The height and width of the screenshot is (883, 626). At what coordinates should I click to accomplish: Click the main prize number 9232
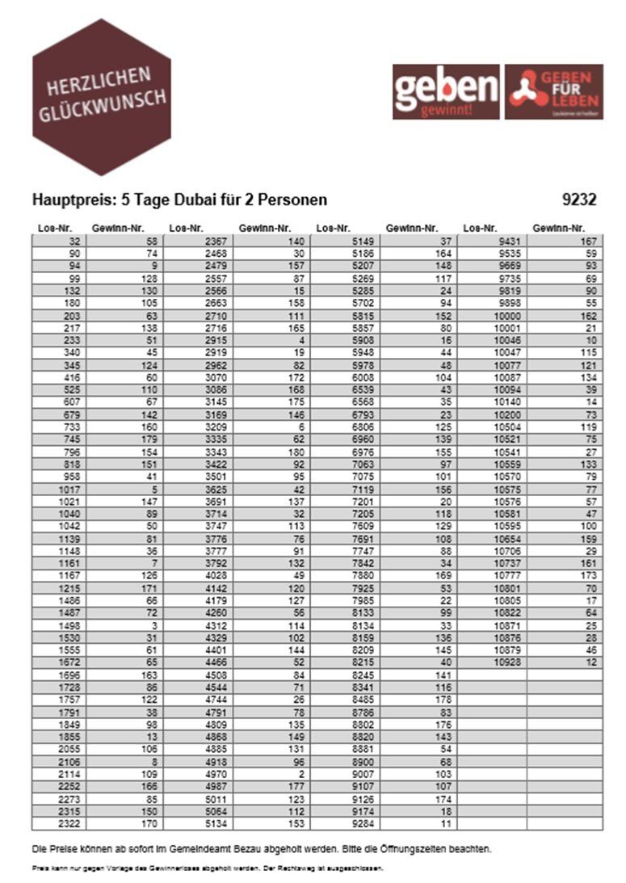579,200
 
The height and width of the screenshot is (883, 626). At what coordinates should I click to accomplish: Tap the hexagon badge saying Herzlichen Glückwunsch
101,97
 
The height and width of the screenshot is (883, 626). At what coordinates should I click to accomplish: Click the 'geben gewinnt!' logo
446,92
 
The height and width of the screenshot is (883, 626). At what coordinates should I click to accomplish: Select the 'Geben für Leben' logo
554,92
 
